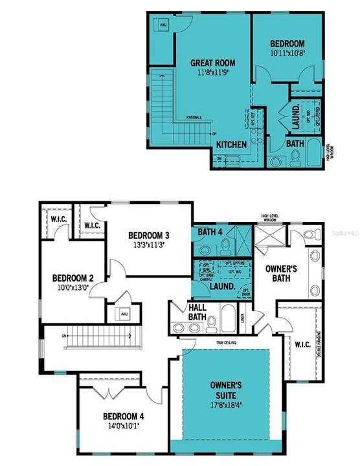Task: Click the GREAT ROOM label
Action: [212, 63]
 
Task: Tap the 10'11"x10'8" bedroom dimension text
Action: [287, 54]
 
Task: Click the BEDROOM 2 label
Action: [73, 279]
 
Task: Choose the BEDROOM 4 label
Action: [124, 417]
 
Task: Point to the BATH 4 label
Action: [210, 232]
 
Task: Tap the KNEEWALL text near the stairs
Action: [194, 117]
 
